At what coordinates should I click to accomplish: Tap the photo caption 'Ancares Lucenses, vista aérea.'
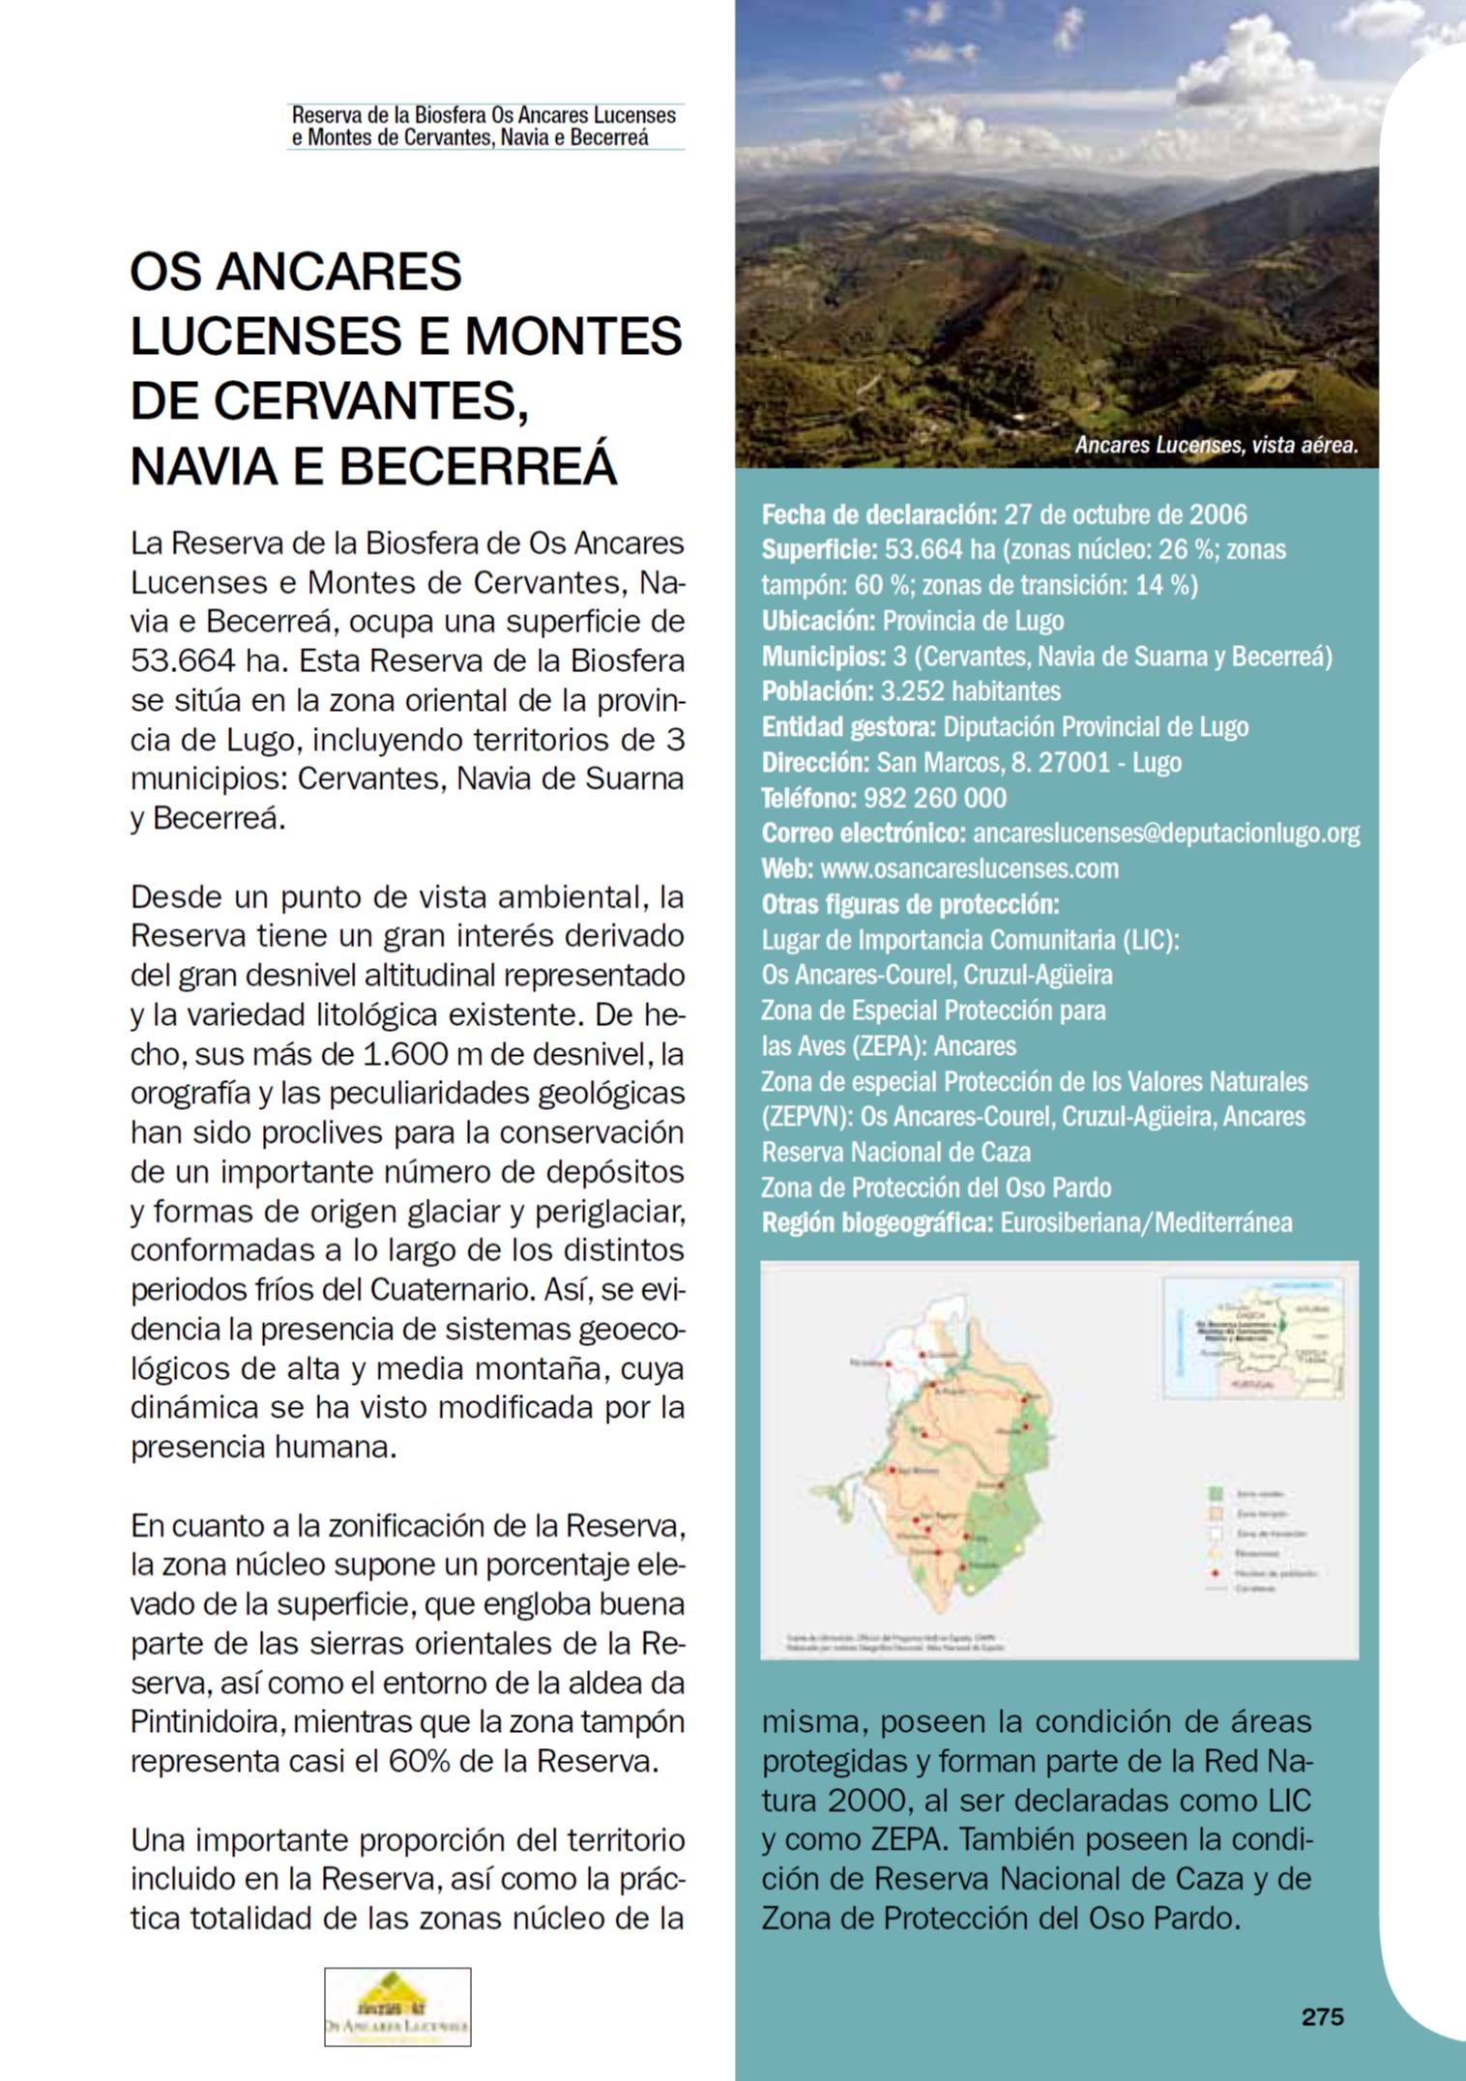[x=1217, y=446]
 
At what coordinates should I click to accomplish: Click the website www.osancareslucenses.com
[x=969, y=868]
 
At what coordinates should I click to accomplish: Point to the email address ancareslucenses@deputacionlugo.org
[x=1165, y=833]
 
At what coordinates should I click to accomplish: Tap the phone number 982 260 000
[x=933, y=798]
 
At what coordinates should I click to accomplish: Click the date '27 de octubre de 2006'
[x=1126, y=514]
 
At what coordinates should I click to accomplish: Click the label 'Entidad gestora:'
[x=848, y=727]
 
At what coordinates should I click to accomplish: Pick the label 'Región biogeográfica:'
[x=877, y=1223]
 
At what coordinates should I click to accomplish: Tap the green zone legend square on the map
[x=1217, y=1494]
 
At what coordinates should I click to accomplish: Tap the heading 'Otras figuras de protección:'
[x=910, y=904]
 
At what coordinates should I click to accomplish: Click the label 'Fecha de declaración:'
[x=878, y=514]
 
